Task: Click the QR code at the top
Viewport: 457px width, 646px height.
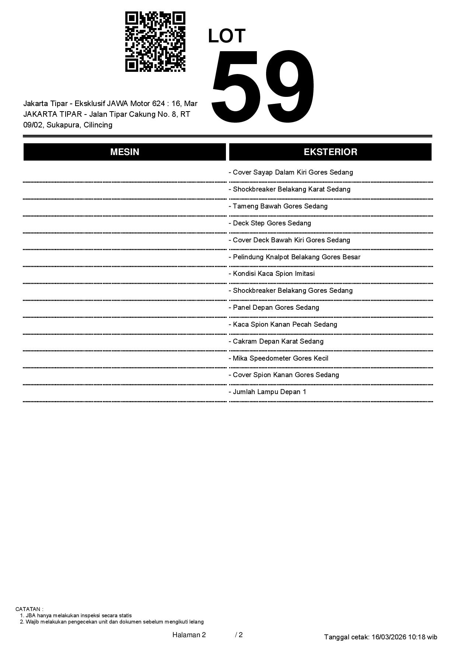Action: click(155, 42)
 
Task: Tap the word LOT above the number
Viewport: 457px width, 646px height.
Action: click(227, 36)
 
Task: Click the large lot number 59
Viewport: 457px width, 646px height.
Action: click(263, 86)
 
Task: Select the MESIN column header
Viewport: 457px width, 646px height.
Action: click(125, 152)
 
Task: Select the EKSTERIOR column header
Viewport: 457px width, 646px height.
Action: click(330, 152)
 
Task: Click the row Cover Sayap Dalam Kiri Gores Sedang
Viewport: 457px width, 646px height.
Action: click(293, 172)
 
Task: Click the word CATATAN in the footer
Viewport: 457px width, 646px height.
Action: click(29, 609)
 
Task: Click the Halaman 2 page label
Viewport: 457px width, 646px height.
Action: click(189, 635)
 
